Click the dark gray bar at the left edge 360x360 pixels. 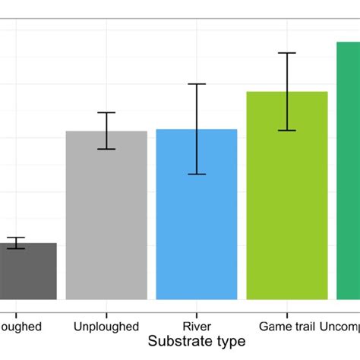(27, 272)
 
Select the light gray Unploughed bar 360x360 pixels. (106, 216)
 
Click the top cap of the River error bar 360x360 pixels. (197, 84)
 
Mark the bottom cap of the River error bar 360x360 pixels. (197, 175)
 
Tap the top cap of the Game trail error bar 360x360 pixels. (286, 53)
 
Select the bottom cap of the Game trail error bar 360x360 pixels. (286, 131)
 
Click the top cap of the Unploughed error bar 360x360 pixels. (106, 112)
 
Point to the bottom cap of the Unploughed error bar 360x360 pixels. (106, 149)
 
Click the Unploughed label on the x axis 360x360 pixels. (106, 327)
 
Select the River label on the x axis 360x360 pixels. (197, 327)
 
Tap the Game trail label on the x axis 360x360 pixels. (286, 327)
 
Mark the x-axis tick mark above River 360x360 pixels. (197, 303)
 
